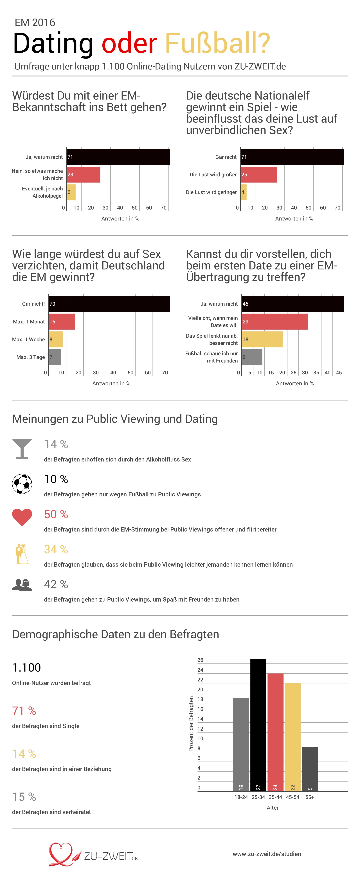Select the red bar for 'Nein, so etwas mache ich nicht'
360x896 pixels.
[84, 175]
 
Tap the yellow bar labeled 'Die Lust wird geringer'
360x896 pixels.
[244, 192]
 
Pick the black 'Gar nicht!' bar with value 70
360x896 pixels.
[109, 304]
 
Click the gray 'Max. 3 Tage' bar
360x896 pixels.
[55, 357]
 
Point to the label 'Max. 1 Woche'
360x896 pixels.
[28, 339]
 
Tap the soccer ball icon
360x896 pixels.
[22, 484]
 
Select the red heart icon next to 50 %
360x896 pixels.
[22, 517]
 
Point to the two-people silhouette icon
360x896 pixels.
[22, 585]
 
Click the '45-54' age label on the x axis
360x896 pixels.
[292, 797]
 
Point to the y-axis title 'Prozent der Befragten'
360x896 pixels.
[191, 724]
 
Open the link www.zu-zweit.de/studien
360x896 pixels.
[267, 854]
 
